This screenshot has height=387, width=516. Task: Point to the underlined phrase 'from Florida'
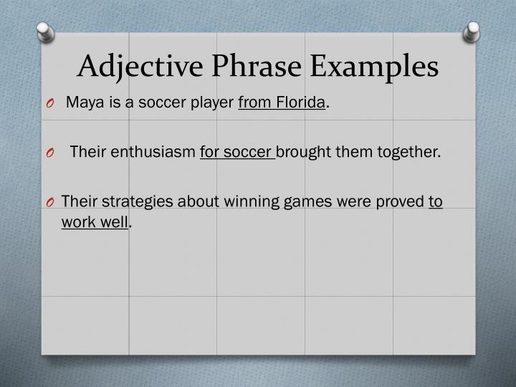282,103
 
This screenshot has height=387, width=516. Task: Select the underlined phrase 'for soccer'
236,152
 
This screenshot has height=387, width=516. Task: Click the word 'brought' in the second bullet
304,152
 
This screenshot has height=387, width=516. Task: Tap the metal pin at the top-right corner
471,31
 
